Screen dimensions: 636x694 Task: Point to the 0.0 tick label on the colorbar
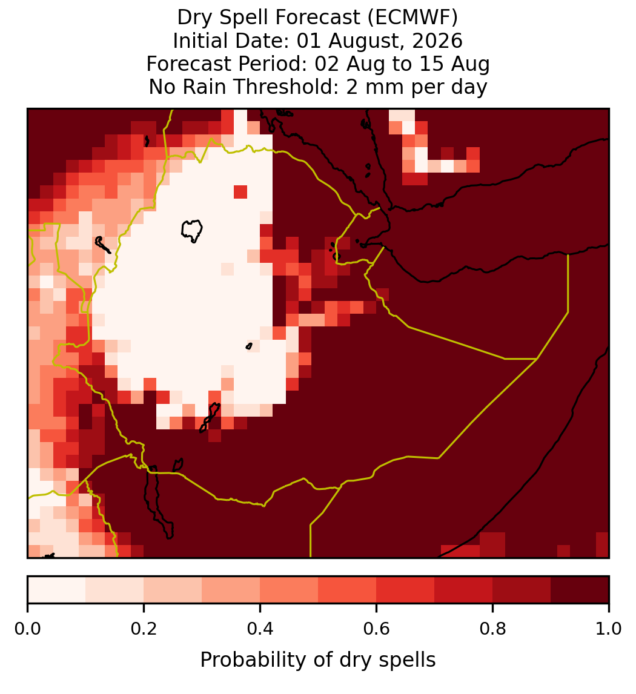point(27,629)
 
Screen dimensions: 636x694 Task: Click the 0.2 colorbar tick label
point(144,629)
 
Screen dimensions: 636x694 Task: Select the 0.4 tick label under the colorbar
point(260,629)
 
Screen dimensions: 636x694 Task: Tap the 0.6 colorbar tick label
point(376,629)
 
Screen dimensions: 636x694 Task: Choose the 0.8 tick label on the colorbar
point(492,629)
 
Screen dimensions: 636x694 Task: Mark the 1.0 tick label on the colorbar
point(609,629)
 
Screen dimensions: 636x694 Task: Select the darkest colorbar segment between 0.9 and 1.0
point(580,590)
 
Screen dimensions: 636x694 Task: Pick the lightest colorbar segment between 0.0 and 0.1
point(57,590)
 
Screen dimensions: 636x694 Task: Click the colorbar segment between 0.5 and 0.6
point(348,590)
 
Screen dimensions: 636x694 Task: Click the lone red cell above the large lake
point(240,192)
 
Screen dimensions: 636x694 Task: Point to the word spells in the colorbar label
point(408,660)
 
